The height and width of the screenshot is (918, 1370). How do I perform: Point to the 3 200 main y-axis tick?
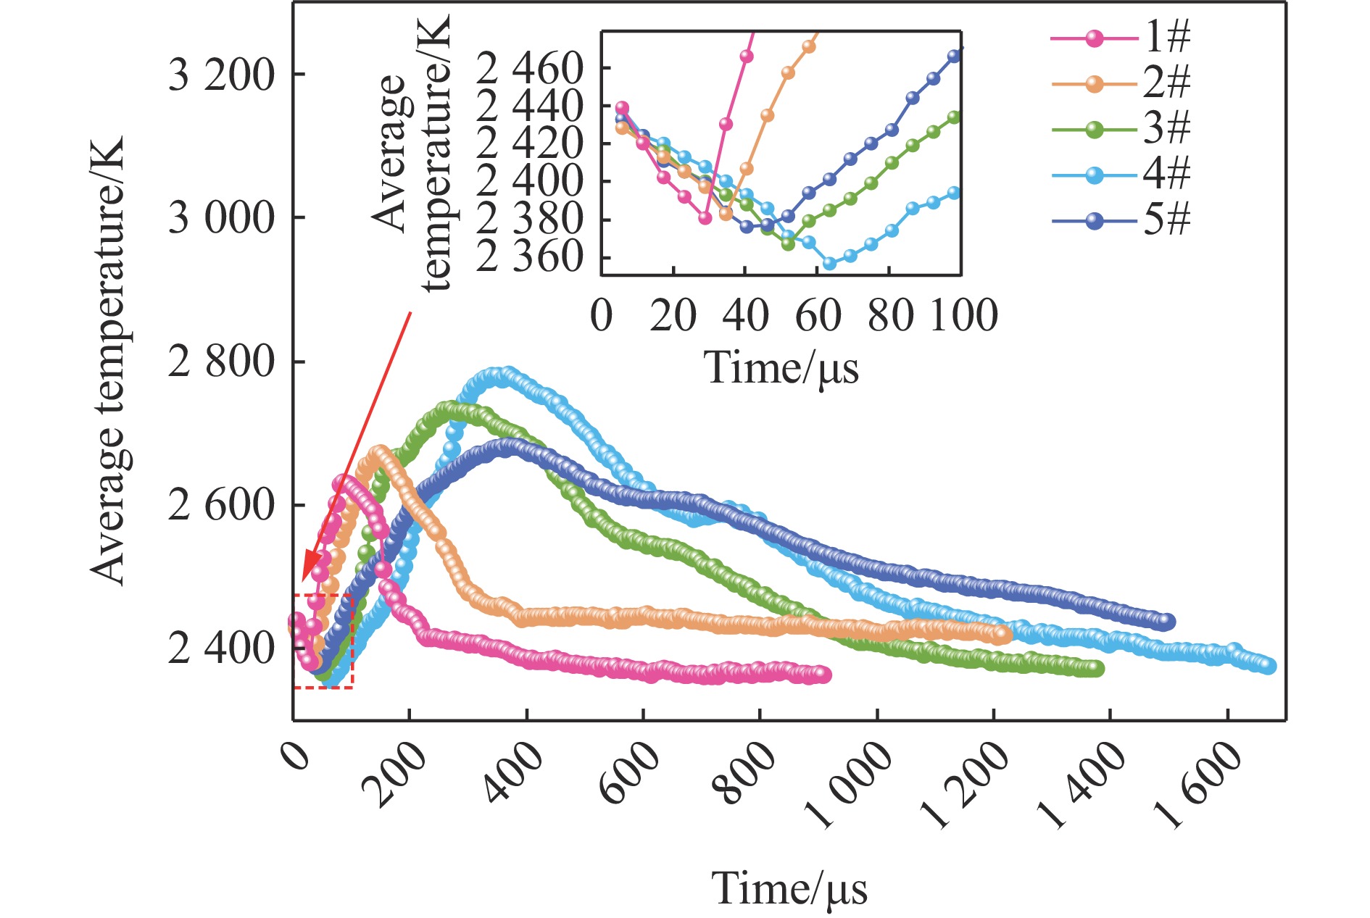coord(221,75)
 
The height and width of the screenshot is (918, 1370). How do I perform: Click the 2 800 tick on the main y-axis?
coord(221,362)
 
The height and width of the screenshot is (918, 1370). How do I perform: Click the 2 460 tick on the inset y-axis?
coord(530,69)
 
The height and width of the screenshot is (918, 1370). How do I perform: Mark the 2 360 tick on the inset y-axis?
coord(530,257)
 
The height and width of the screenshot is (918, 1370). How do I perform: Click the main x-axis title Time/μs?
coord(790,888)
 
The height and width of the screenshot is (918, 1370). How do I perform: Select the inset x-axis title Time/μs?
coord(781,367)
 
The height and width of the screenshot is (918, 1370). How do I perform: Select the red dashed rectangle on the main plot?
coord(323,641)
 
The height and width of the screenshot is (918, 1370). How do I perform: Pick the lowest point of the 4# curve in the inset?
coord(829,264)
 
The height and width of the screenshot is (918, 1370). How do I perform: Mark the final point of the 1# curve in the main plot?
coord(823,675)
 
